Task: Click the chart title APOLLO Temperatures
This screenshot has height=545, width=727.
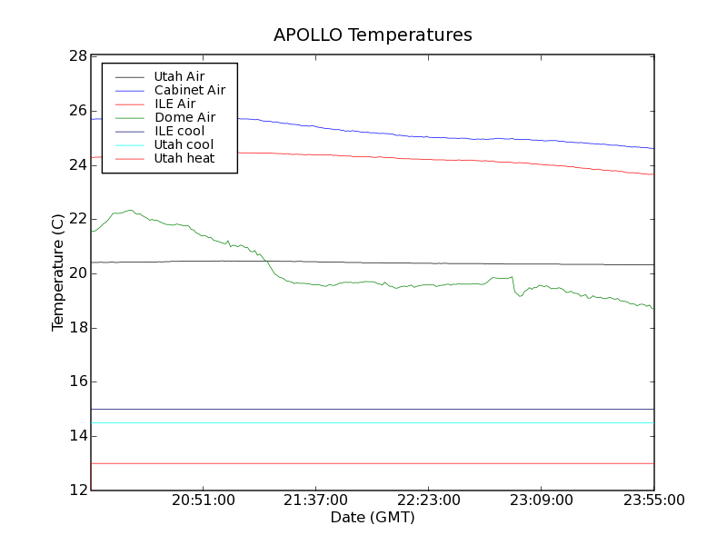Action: pos(373,35)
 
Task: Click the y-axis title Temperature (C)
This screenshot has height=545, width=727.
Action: pos(58,272)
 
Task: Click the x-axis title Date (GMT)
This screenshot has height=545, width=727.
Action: pos(373,517)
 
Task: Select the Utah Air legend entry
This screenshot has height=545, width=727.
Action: pos(179,76)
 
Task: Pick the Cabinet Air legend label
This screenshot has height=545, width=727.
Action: pos(189,90)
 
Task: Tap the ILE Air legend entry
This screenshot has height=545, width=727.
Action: pos(174,104)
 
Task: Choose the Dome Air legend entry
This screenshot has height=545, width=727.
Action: pos(184,117)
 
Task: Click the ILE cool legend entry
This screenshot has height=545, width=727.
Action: pos(179,131)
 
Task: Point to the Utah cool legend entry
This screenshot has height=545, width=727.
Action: pos(184,144)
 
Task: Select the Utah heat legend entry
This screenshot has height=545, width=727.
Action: pos(184,158)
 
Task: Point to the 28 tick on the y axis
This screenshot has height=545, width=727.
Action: pos(77,56)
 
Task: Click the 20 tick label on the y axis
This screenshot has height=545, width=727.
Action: pos(77,273)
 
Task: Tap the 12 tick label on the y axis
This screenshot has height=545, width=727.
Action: pos(77,490)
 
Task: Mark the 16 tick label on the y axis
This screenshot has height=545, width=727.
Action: pos(77,381)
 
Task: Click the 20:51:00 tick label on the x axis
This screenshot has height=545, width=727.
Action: pos(204,500)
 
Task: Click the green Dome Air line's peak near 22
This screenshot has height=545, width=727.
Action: pos(131,211)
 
